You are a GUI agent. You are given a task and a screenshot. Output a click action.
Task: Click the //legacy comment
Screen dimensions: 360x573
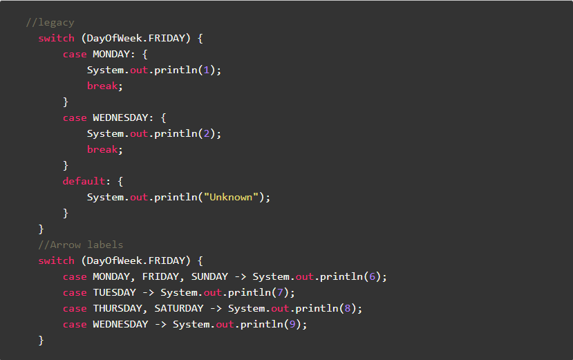coord(50,22)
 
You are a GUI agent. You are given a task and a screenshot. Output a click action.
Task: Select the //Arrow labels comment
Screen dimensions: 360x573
coord(81,245)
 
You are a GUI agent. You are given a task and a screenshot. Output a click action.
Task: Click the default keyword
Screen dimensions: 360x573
coord(84,181)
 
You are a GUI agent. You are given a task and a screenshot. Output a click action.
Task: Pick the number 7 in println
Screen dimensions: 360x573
coord(283,292)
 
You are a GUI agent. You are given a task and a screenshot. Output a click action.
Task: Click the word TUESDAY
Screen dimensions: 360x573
coord(114,292)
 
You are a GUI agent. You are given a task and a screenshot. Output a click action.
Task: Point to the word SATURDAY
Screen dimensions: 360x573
coord(179,308)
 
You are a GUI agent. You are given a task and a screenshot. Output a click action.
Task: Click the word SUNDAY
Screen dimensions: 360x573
coord(209,276)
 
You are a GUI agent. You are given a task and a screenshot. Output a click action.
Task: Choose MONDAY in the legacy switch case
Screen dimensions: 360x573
coord(111,54)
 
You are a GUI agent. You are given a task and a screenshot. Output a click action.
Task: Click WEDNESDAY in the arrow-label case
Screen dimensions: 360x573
coord(120,324)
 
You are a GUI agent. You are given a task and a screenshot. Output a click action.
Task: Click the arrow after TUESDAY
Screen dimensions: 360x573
coord(148,292)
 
